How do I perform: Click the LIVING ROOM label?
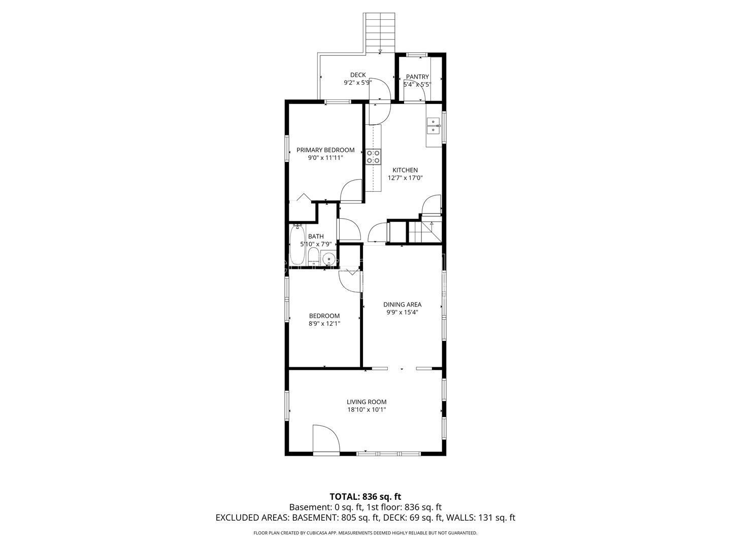[x=367, y=402]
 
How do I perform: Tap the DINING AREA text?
[x=402, y=304]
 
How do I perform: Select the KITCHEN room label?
[x=405, y=170]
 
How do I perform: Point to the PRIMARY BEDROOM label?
[x=325, y=150]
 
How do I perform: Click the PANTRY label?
[x=417, y=77]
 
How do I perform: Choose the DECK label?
[x=358, y=75]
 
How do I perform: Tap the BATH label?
[x=316, y=236]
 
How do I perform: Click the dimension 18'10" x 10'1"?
[x=367, y=410]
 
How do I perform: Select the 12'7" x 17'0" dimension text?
[x=405, y=178]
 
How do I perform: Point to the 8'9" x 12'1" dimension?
[x=324, y=324]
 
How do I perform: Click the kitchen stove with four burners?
[x=373, y=157]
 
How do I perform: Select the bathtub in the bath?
[x=296, y=244]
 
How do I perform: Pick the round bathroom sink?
[x=329, y=258]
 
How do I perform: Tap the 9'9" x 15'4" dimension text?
[x=402, y=313]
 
